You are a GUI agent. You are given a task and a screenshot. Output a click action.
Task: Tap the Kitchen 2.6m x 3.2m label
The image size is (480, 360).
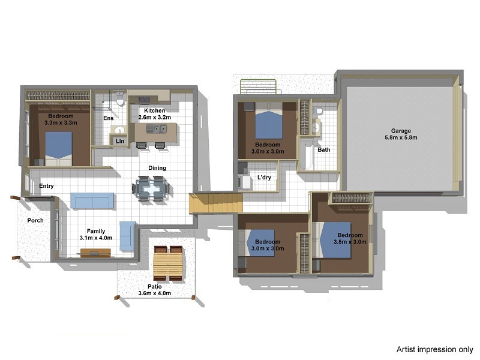pos(155,114)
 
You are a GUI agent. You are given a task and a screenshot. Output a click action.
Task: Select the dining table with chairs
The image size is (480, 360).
pos(151,188)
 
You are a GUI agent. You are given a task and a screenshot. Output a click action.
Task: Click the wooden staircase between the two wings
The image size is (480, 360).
pos(216,202)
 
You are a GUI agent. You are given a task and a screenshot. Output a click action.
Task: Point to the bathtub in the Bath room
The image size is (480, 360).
pos(306,155)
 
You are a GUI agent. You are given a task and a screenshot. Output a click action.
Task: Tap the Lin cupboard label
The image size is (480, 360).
pos(120,141)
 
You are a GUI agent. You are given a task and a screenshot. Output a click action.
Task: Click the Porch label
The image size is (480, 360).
pos(35,220)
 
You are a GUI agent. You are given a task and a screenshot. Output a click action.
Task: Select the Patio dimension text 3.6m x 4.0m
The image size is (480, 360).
pos(155,293)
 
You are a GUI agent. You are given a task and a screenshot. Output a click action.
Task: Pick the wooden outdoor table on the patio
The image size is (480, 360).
pos(168,263)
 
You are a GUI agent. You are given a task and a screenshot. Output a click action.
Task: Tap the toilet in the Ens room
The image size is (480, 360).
pos(121,100)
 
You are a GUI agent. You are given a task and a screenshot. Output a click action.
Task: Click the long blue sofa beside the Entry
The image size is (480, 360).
pos(92,200)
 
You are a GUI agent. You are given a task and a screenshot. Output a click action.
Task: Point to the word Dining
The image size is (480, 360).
pos(157,168)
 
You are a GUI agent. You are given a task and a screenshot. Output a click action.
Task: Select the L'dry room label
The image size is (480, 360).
pos(264,177)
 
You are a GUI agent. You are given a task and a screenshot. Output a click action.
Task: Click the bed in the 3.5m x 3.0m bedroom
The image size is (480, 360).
pos(332,240)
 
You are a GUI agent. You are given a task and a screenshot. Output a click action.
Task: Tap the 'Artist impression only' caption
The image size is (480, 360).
pos(434,349)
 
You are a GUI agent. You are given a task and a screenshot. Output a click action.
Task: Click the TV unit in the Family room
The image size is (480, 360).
pos(95,253)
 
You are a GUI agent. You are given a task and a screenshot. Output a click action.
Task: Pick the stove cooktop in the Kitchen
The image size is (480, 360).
pos(144,99)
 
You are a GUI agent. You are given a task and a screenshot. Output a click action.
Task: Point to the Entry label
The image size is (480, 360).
pos(46,186)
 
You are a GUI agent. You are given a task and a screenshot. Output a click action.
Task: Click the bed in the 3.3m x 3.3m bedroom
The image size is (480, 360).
pos(59,149)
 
